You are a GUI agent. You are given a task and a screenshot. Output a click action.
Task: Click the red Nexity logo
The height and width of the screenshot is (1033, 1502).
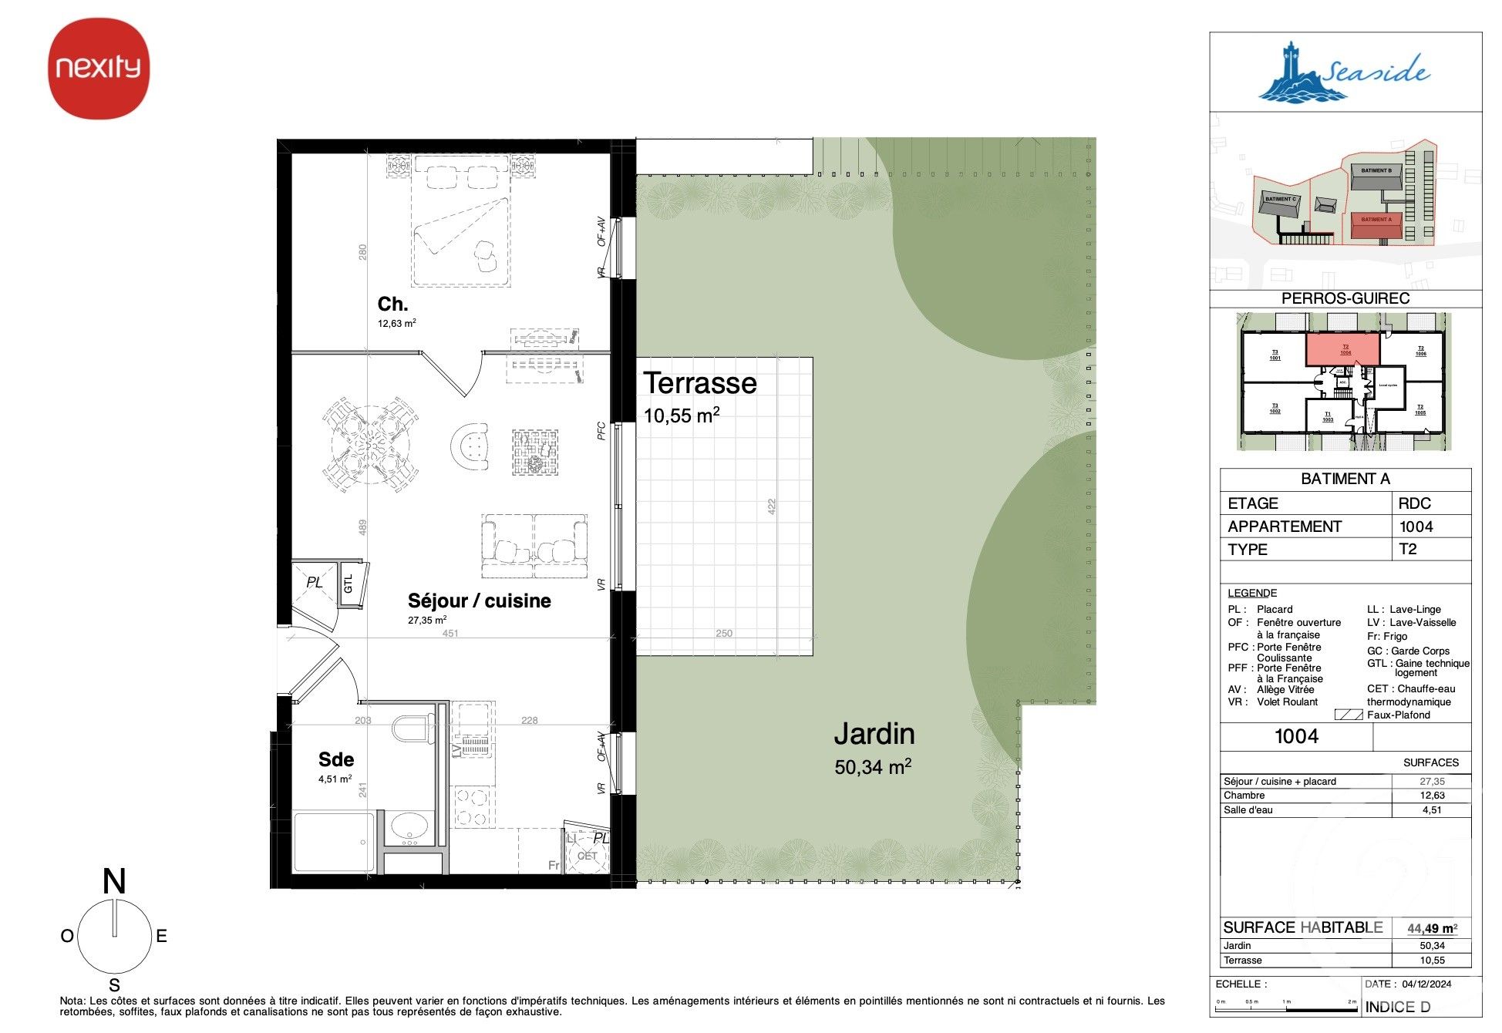tap(99, 68)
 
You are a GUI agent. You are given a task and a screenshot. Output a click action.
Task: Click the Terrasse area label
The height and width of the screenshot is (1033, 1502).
tap(700, 383)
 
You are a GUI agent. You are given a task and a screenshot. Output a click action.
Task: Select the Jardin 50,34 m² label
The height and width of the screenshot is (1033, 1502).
tap(874, 748)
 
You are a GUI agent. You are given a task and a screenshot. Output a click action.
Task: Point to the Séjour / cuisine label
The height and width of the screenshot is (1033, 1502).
tap(479, 601)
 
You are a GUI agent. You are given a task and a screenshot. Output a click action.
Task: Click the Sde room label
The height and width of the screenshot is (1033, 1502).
tap(335, 759)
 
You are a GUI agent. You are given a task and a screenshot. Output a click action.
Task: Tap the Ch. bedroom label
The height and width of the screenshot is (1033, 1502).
tap(392, 304)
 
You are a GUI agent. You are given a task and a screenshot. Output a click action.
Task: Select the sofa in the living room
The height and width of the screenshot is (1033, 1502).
tap(534, 546)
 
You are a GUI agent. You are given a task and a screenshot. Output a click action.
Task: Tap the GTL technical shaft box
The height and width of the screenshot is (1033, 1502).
tap(349, 584)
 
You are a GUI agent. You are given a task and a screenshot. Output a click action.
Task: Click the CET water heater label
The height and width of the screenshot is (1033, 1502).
tap(588, 856)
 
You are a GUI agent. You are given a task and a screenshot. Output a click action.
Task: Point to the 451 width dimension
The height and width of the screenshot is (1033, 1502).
tap(450, 633)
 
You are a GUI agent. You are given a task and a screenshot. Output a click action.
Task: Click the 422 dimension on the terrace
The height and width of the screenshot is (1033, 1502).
tap(771, 506)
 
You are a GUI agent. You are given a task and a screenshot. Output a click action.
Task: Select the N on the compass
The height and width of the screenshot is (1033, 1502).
tap(114, 881)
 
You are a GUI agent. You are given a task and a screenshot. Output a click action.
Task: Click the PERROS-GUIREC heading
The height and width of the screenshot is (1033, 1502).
tap(1345, 298)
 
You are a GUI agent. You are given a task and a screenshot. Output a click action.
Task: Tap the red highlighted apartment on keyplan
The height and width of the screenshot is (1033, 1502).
tap(1342, 349)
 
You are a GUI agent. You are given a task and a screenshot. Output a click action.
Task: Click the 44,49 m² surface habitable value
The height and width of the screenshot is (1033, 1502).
tap(1431, 928)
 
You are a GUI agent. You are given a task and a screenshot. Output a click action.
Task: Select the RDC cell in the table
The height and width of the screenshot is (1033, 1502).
tap(1414, 503)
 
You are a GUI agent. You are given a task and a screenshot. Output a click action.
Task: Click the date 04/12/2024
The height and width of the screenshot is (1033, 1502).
tap(1426, 984)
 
